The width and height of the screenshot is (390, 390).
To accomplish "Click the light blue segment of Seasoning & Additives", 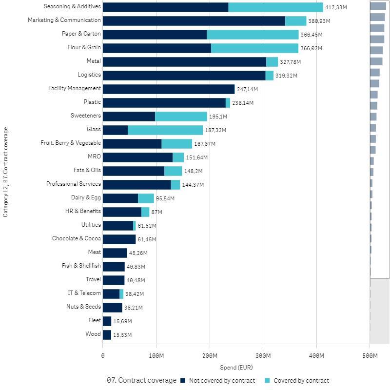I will tap(275, 7).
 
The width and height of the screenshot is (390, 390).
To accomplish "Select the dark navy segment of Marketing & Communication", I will tap(194, 20).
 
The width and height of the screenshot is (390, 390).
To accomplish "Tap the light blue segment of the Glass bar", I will tap(165, 130).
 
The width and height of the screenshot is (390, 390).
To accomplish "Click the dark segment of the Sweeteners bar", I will tap(129, 116).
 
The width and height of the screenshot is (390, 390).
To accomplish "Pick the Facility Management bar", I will tap(169, 89).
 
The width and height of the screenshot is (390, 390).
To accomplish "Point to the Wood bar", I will tap(107, 334).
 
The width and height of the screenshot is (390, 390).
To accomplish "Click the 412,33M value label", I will tap(337, 7).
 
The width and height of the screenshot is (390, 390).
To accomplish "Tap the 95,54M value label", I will tap(165, 198).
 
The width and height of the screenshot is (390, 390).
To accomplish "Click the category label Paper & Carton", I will tap(81, 34).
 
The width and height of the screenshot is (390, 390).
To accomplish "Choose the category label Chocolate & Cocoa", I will tap(77, 238).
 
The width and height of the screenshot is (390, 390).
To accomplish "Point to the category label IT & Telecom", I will tap(84, 293).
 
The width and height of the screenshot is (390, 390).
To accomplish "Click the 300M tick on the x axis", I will tap(263, 356).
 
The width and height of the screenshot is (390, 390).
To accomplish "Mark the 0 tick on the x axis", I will tap(103, 356).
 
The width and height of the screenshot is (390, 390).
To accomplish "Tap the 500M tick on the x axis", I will tap(370, 356).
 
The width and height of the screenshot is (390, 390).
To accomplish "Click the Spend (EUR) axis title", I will tap(236, 367).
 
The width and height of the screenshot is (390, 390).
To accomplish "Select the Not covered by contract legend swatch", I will tap(183, 381).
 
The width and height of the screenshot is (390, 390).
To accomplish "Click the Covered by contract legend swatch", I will tap(267, 381).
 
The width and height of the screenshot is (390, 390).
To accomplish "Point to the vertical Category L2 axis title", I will tap(6, 172).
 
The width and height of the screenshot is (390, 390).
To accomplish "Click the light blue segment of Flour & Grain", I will tap(254, 48).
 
